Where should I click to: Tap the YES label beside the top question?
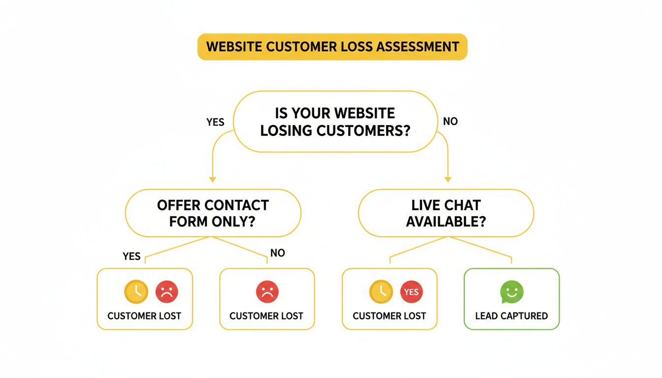tap(215, 122)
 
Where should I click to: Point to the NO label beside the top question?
tap(450, 121)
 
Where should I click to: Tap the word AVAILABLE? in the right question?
tap(446, 221)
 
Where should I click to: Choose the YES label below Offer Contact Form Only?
tap(132, 256)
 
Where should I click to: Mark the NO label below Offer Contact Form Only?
tap(278, 253)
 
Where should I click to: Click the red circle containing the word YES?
tap(411, 292)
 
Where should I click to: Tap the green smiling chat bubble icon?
tap(512, 292)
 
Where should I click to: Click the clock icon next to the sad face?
tap(136, 292)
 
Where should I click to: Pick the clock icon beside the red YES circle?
tap(381, 292)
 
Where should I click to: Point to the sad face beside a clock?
tap(167, 292)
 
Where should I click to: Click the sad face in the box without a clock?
tap(267, 292)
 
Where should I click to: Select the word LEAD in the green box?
tap(487, 316)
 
